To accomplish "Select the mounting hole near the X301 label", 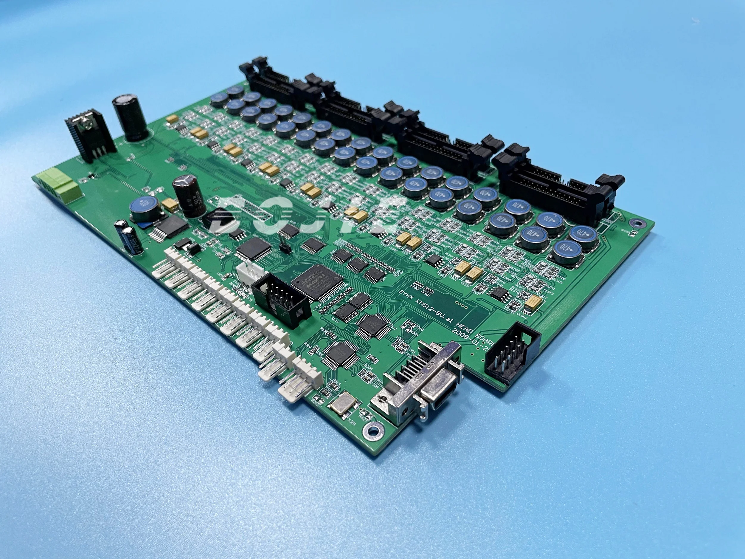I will tap(373, 430).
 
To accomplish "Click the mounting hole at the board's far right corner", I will tap(637, 223).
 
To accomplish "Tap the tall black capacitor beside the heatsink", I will tap(131, 117).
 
